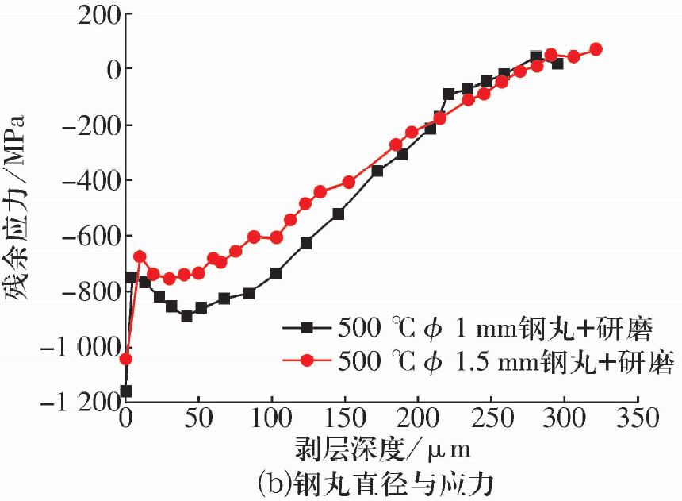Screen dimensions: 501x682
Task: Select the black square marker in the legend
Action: [x=309, y=327]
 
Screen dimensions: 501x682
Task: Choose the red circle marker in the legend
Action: [x=309, y=360]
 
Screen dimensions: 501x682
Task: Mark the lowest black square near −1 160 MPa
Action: [x=125, y=391]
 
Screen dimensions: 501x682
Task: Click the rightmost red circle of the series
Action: [x=596, y=49]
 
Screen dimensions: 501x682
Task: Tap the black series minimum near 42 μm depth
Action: [x=186, y=316]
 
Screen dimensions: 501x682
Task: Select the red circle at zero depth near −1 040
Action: [x=126, y=359]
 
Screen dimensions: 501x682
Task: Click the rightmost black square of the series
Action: [x=557, y=64]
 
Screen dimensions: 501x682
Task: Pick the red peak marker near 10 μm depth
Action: [x=140, y=256]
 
